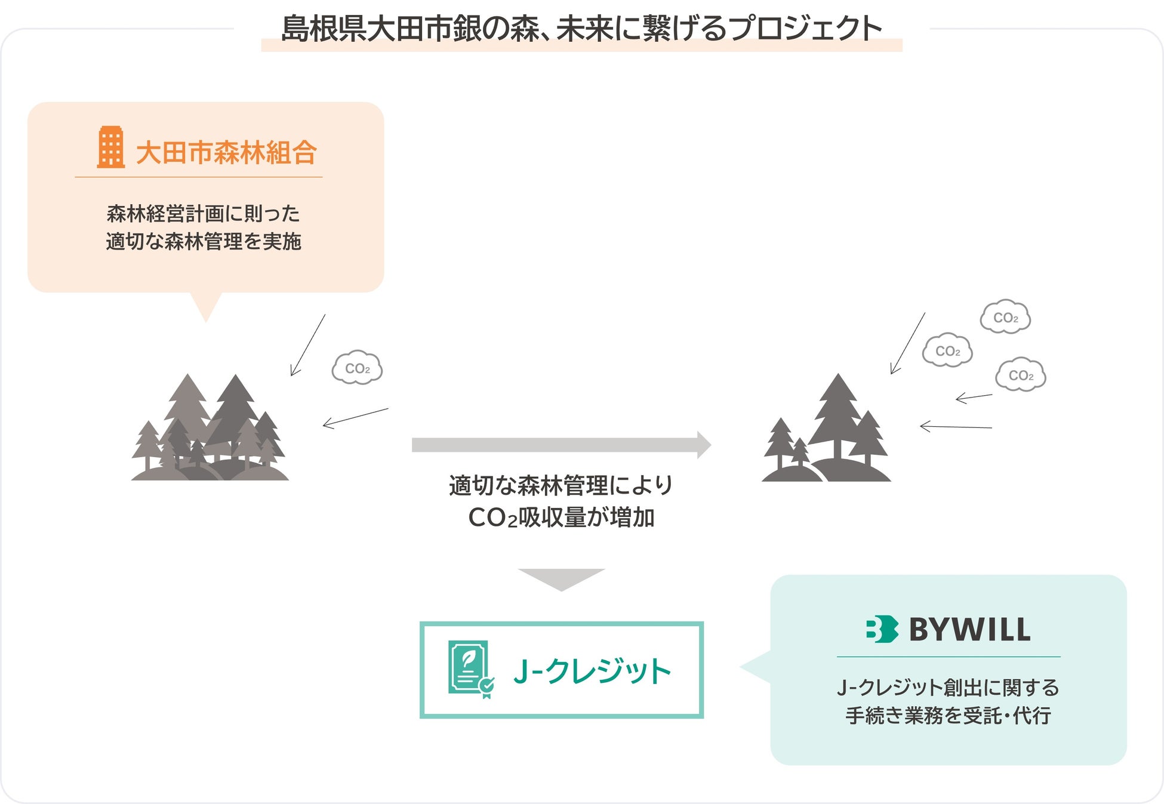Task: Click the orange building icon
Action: coord(111,147)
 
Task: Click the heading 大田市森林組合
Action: coord(226,153)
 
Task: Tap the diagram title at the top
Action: coord(581,29)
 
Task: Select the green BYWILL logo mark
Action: coord(882,629)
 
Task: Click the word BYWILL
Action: coord(969,630)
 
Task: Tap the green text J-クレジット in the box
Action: coord(592,671)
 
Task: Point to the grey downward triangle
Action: coord(561,578)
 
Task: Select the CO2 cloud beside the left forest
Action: coord(357,368)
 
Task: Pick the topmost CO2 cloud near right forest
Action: coord(1005,317)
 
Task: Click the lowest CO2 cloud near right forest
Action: coord(1021,375)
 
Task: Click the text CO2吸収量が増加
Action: coord(561,517)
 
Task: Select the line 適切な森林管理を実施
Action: coord(204,242)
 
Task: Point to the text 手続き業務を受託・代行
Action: coord(948,715)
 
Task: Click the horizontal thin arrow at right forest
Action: coord(955,426)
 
